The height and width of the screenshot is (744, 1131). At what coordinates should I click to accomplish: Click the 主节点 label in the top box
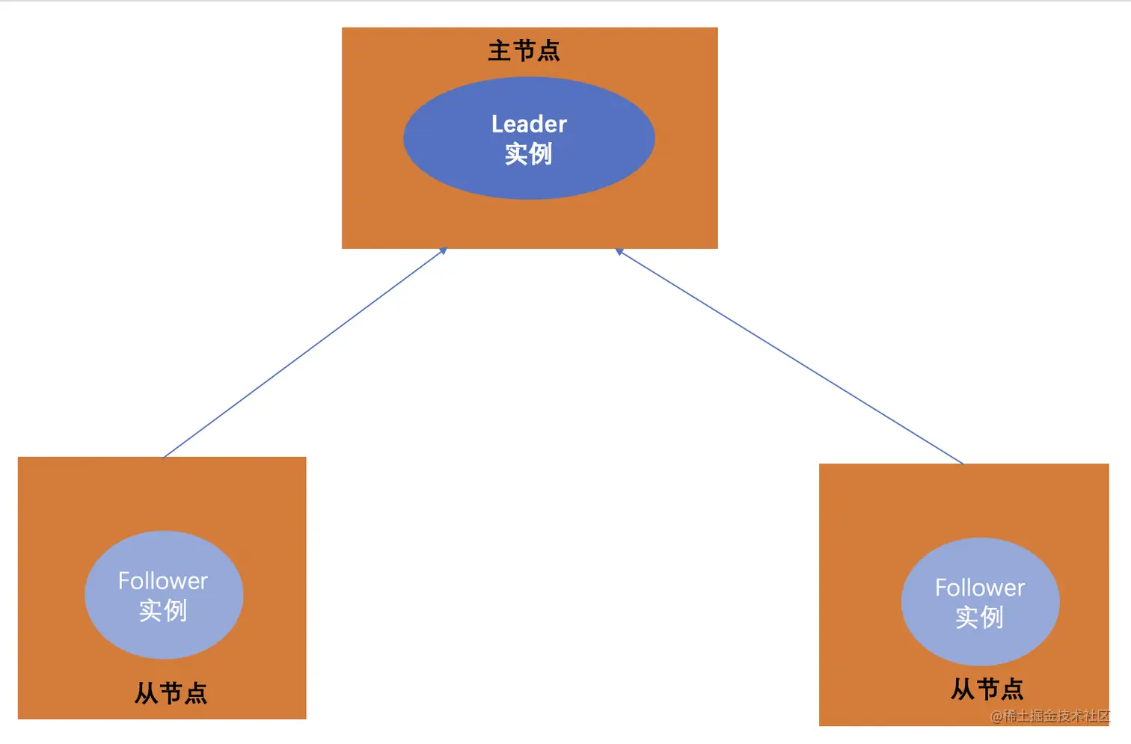pyautogui.click(x=524, y=51)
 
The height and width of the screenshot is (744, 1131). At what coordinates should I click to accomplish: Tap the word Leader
pyautogui.click(x=529, y=124)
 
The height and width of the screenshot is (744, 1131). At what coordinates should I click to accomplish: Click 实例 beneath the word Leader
pyautogui.click(x=528, y=154)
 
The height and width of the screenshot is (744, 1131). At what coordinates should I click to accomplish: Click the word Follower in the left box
pyautogui.click(x=163, y=581)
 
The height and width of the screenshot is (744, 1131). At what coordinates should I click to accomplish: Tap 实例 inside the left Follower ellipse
pyautogui.click(x=163, y=611)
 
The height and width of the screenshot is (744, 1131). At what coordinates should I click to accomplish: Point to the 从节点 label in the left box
pyautogui.click(x=171, y=693)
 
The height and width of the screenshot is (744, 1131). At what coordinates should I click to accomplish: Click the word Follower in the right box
pyautogui.click(x=980, y=588)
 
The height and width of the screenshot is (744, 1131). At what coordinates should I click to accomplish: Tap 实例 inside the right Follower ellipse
pyautogui.click(x=979, y=618)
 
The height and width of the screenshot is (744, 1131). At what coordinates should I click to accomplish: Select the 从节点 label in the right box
pyautogui.click(x=987, y=689)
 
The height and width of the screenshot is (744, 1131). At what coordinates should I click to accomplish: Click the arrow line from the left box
pyautogui.click(x=304, y=353)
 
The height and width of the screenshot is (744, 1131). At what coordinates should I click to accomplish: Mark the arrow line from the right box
pyautogui.click(x=789, y=357)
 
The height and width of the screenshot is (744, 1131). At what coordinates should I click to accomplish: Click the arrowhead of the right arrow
pyautogui.click(x=619, y=252)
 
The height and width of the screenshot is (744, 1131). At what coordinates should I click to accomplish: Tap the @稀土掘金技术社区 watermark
pyautogui.click(x=1050, y=716)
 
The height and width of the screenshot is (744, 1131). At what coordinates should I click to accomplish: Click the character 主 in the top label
pyautogui.click(x=499, y=51)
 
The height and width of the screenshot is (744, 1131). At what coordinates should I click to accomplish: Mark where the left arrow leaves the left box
pyautogui.click(x=164, y=456)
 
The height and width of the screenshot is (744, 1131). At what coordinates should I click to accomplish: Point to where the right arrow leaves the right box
pyautogui.click(x=963, y=463)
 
